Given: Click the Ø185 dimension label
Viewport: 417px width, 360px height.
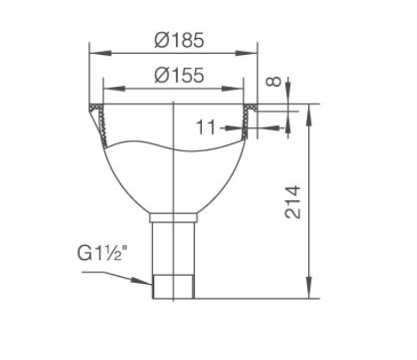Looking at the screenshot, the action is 179,40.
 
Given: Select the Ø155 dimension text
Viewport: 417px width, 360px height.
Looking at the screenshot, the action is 179,75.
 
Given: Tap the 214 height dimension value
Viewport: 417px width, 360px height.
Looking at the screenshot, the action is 293,203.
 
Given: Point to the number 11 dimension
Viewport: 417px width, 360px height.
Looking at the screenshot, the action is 205,127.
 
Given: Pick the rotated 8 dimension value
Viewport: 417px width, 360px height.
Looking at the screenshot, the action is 274,81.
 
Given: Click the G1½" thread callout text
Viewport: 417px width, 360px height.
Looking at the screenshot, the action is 104,253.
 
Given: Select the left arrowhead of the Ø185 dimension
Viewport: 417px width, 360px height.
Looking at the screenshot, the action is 100,53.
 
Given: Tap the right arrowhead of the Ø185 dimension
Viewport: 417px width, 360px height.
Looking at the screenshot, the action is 247,53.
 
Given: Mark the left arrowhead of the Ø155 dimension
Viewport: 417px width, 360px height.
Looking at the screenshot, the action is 114,88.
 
